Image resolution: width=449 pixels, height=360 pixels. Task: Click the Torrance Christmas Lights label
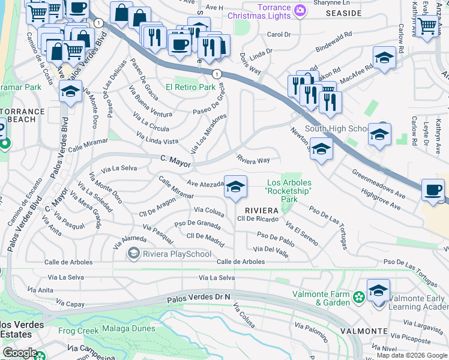(x=264, y=11)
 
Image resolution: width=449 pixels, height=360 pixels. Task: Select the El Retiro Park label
(x=190, y=87)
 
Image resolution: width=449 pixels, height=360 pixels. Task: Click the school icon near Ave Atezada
(x=235, y=187)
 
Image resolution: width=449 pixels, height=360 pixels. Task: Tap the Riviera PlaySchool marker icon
(x=133, y=254)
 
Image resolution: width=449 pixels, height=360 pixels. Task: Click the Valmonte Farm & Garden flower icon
(x=358, y=296)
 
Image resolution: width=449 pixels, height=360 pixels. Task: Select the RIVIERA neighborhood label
(x=261, y=210)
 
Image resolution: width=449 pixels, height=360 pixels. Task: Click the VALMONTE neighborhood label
(x=363, y=331)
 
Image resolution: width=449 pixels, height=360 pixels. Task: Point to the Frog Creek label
(x=78, y=331)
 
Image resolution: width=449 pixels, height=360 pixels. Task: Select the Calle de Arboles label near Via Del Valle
(x=241, y=262)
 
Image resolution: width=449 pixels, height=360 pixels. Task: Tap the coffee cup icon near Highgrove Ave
(x=433, y=190)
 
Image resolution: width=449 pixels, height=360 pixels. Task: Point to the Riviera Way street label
(x=253, y=160)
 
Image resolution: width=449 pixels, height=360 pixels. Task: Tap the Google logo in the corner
(x=20, y=353)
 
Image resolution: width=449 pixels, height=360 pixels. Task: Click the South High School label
(x=336, y=128)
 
